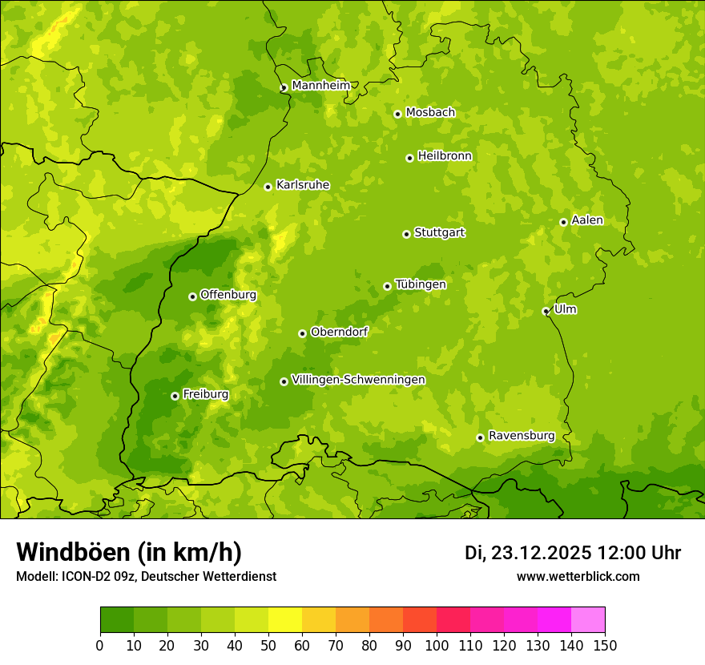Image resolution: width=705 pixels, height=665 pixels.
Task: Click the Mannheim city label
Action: click(x=320, y=86)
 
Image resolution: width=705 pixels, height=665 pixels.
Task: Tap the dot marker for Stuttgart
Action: click(x=406, y=234)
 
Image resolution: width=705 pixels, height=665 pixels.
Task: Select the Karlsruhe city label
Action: click(x=303, y=185)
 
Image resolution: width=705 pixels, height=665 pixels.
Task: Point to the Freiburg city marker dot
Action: click(x=175, y=396)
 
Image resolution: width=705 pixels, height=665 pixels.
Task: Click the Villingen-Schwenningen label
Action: click(x=358, y=380)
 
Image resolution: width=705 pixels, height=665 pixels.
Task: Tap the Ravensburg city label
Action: click(x=521, y=436)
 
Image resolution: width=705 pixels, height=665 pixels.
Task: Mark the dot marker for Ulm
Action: click(x=546, y=312)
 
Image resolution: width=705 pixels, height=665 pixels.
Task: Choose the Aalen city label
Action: click(x=587, y=220)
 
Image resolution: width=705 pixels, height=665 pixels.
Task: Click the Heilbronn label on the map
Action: click(x=445, y=156)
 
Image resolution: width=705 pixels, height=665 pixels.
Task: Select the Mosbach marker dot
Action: click(x=397, y=114)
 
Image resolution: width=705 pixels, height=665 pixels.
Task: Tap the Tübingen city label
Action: click(x=421, y=284)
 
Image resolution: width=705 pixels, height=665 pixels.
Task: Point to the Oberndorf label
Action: click(x=339, y=332)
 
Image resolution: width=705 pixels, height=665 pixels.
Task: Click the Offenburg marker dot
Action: click(x=192, y=296)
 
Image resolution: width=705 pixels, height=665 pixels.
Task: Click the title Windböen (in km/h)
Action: click(x=128, y=552)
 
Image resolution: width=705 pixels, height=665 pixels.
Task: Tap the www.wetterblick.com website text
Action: click(x=578, y=576)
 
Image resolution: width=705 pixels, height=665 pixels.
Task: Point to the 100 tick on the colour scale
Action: click(x=437, y=645)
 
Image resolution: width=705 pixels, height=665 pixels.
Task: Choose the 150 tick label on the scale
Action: click(x=605, y=645)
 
